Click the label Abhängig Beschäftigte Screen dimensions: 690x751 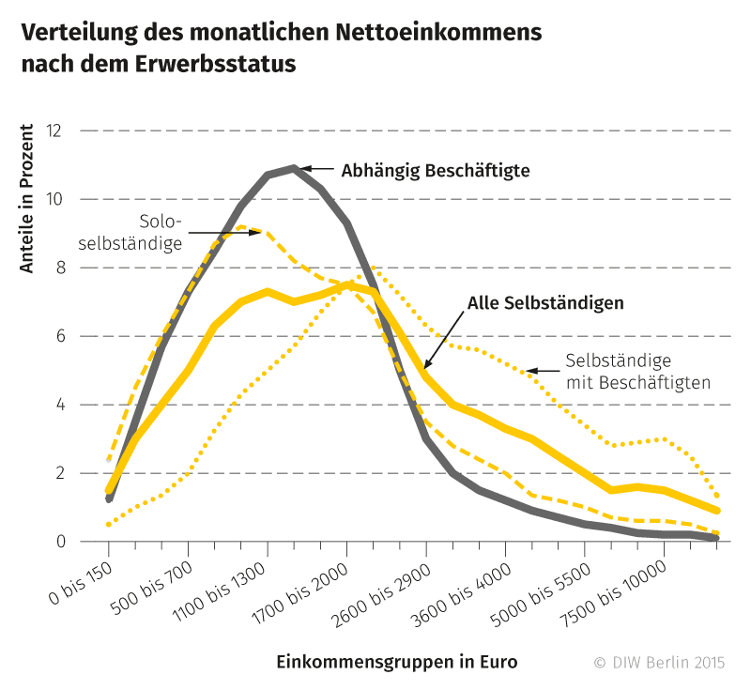(436, 171)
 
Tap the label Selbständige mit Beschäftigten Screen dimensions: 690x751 (637, 371)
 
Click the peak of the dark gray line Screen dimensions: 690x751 (294, 168)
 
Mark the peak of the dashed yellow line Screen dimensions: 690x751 (242, 226)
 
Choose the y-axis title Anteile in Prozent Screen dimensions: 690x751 (27, 199)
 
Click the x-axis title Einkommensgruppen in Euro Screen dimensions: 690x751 (396, 661)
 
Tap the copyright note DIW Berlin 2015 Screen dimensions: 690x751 (659, 662)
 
